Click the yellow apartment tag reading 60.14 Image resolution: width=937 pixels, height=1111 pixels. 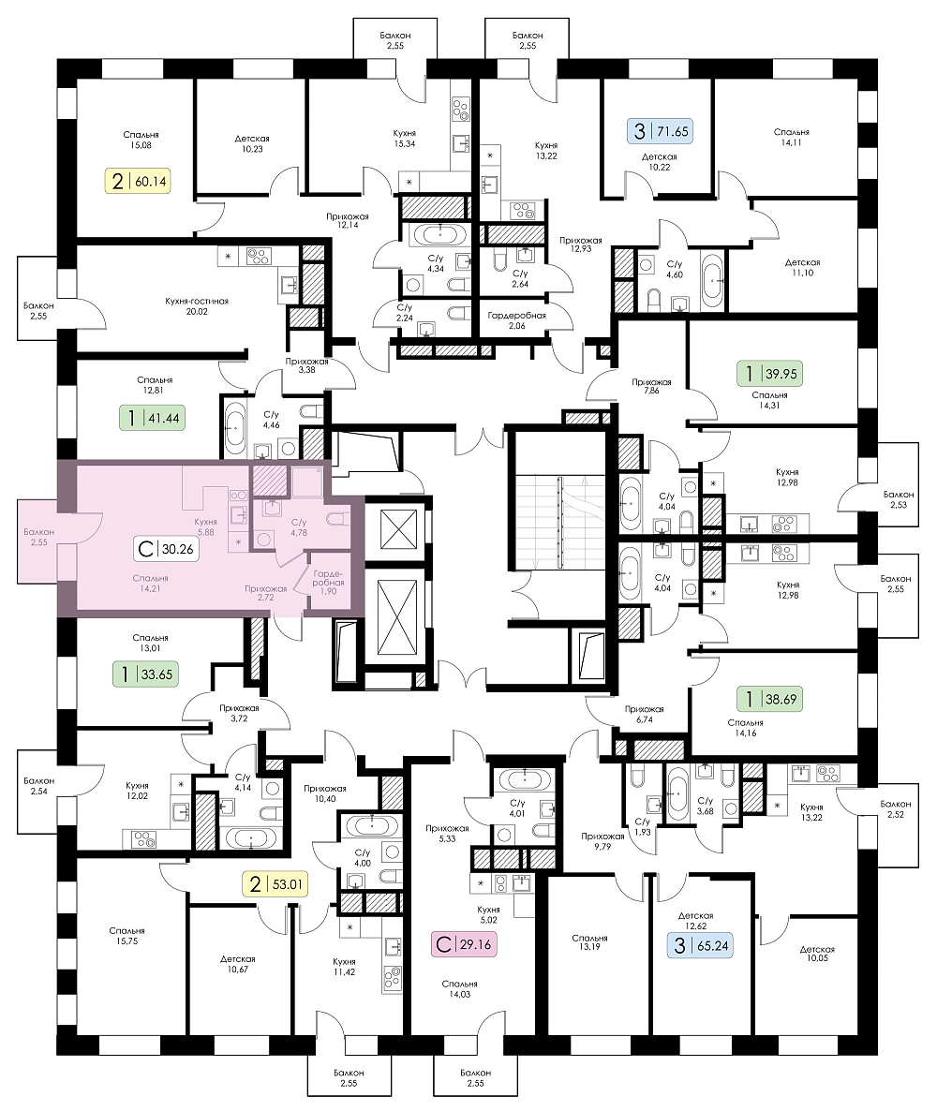pyautogui.click(x=140, y=181)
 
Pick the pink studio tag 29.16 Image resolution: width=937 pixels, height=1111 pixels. pyautogui.click(x=464, y=944)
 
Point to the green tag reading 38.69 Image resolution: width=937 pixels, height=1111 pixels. pyautogui.click(x=769, y=700)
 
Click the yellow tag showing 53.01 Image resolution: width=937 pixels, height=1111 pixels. pyautogui.click(x=275, y=884)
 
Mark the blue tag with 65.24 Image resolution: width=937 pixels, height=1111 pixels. pyautogui.click(x=700, y=945)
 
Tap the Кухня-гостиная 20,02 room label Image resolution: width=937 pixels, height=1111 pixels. pyautogui.click(x=197, y=306)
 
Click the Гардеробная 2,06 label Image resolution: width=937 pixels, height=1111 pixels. pyautogui.click(x=516, y=320)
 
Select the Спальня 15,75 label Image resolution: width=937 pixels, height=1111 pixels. pyautogui.click(x=127, y=936)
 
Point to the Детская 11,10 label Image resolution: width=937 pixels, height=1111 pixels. pyautogui.click(x=802, y=267)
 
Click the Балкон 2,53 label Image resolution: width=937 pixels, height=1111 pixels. pyautogui.click(x=898, y=499)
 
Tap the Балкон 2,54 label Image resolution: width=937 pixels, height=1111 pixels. pyautogui.click(x=38, y=786)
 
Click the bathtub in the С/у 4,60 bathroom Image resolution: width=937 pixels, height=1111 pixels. pyautogui.click(x=711, y=280)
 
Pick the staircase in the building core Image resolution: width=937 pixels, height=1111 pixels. pyautogui.click(x=559, y=522)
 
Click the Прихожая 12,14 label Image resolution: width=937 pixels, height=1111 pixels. pyautogui.click(x=348, y=220)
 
